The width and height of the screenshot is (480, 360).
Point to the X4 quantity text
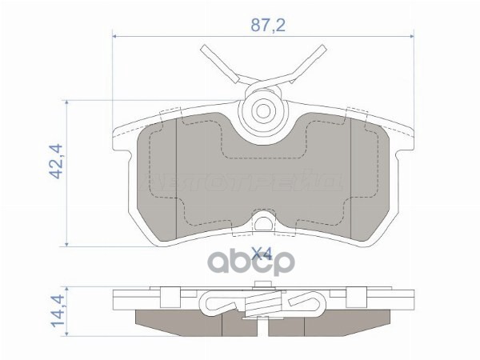tap(261, 256)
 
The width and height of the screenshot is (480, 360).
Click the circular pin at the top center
tap(261, 109)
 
